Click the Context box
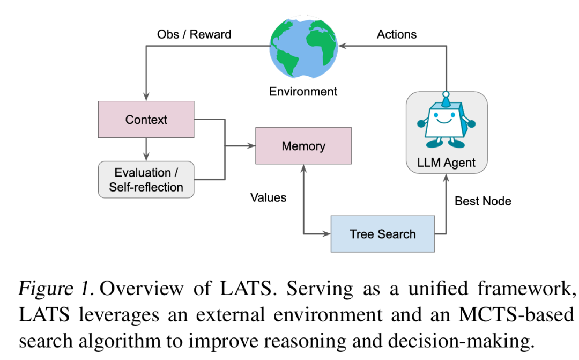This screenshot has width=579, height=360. point(146,120)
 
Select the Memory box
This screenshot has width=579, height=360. point(303,146)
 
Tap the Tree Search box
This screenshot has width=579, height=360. point(383,234)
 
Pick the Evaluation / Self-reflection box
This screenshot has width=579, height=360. point(146,180)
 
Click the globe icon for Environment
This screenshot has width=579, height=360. point(303,47)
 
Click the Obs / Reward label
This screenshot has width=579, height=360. point(194,34)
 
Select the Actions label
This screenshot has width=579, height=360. point(397,34)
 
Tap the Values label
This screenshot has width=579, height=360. point(269,197)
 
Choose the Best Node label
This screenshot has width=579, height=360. point(483,201)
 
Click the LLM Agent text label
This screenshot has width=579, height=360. point(446,163)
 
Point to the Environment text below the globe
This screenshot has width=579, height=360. point(303,91)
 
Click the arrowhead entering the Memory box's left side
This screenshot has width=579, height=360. point(251,146)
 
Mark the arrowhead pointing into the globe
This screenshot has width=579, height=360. point(342,46)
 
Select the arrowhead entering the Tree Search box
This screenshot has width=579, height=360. point(327,233)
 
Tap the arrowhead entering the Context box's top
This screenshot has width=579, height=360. point(146,97)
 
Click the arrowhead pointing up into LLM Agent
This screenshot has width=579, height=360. point(446,178)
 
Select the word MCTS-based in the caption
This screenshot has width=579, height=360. point(516,315)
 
